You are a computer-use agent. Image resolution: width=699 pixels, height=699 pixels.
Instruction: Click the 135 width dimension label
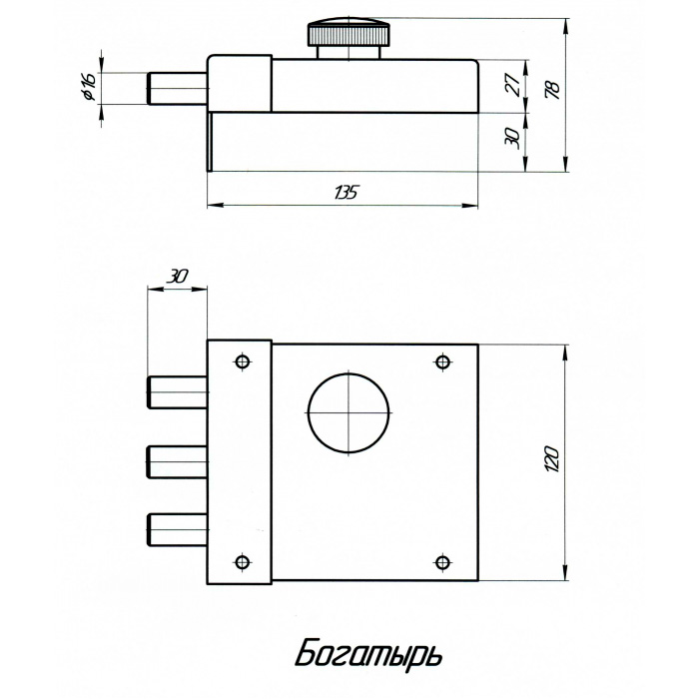click(346, 193)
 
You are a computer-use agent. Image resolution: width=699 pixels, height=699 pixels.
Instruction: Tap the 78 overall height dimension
click(553, 90)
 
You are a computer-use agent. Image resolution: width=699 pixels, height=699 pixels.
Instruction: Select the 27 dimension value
click(514, 85)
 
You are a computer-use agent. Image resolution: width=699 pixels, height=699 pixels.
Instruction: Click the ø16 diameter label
click(90, 87)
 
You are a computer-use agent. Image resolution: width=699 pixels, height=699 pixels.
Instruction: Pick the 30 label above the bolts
click(177, 277)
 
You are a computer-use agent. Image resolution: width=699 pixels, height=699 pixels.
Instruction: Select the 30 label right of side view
click(511, 139)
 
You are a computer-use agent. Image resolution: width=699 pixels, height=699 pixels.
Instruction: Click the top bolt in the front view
click(178, 392)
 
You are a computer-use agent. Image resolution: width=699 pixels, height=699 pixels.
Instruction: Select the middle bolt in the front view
click(178, 461)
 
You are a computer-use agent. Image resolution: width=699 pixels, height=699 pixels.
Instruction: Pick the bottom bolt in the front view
click(178, 529)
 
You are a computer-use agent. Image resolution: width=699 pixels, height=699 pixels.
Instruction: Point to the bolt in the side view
click(178, 89)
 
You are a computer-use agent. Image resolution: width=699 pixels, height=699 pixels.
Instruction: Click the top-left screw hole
click(242, 361)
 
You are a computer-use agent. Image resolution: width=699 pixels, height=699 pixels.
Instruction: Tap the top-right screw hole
click(442, 361)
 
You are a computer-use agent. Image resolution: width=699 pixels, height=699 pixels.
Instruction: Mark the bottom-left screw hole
click(242, 562)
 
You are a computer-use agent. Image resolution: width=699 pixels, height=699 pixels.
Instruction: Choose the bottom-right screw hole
click(442, 562)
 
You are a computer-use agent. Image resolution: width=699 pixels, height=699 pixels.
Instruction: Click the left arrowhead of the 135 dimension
click(216, 206)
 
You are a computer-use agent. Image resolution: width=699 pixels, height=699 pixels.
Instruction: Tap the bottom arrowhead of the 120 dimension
click(565, 572)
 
